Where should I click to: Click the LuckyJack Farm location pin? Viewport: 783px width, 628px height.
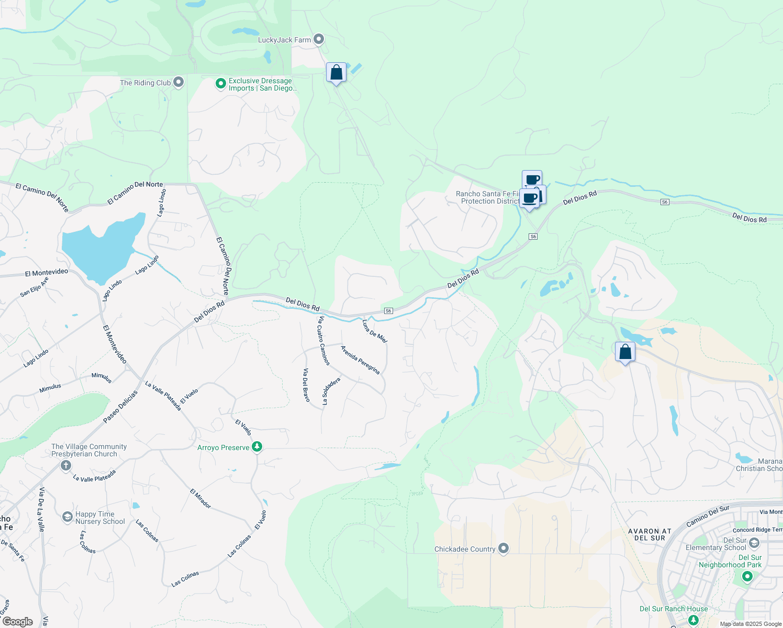319,39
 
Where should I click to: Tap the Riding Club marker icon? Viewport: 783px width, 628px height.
178,82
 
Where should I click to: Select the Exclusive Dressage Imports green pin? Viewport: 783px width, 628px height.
221,84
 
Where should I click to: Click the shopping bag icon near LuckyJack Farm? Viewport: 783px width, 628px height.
336,72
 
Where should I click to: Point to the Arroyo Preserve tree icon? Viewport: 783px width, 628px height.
256,447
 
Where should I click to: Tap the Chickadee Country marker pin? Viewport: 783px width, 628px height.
504,548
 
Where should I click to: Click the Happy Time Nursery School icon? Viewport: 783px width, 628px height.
67,518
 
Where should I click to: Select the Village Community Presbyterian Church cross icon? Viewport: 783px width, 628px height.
65,466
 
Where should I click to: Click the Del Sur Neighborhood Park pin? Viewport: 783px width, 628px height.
747,576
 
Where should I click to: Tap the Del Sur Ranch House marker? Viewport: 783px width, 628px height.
693,620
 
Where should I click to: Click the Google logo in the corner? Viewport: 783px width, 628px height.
17,622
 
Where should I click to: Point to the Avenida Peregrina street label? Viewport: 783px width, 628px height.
360,360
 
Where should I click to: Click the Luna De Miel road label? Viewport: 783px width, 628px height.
375,331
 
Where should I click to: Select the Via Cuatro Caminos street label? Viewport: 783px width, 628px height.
323,341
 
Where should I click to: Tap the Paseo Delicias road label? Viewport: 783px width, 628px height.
120,407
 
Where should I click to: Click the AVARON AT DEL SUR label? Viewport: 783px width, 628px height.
650,534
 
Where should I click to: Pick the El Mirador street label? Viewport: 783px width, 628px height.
200,499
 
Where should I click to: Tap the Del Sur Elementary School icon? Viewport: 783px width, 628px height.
754,543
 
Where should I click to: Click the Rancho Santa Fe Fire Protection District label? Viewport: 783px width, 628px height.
487,197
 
